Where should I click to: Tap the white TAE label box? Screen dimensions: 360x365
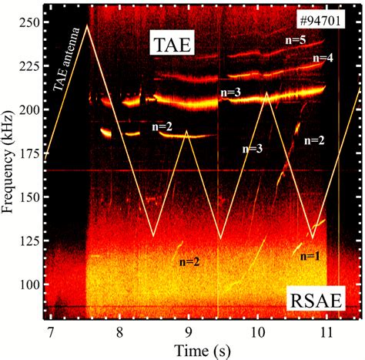pos(173,49)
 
